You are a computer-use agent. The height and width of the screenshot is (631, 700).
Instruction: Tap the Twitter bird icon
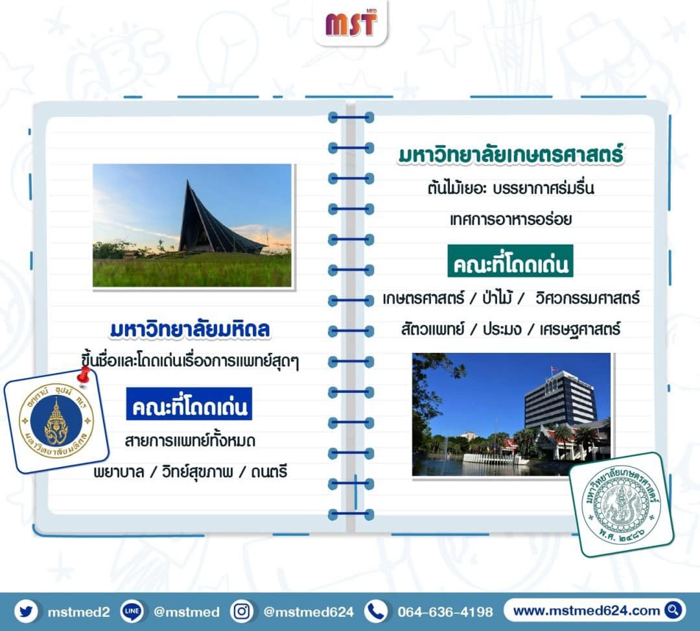[26, 611]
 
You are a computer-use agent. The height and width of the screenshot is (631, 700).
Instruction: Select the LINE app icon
[132, 611]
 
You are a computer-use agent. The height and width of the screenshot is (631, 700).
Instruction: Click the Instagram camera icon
[242, 611]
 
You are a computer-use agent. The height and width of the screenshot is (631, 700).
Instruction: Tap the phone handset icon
[376, 611]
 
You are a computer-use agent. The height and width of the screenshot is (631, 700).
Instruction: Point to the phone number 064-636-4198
[445, 612]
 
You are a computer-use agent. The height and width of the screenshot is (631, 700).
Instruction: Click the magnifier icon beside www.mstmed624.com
[673, 610]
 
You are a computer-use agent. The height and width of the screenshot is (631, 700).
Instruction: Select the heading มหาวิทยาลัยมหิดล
[190, 329]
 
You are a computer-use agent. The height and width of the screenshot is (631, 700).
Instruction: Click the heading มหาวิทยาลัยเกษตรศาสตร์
[511, 154]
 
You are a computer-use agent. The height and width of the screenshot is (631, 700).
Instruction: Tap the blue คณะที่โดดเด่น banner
[189, 403]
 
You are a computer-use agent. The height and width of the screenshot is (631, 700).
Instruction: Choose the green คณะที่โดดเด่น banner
[510, 261]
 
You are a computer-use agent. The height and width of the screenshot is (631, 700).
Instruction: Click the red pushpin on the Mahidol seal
[84, 376]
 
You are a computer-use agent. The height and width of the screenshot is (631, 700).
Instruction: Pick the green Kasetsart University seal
[621, 504]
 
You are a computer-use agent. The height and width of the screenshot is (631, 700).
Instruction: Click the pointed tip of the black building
[187, 182]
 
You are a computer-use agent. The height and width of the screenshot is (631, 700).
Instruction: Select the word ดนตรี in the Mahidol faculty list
[269, 471]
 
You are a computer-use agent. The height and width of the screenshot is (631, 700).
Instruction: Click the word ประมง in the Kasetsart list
[502, 329]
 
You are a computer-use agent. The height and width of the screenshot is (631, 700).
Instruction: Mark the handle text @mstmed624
[309, 612]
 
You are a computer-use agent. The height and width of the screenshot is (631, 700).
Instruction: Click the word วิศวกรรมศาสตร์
[587, 298]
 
